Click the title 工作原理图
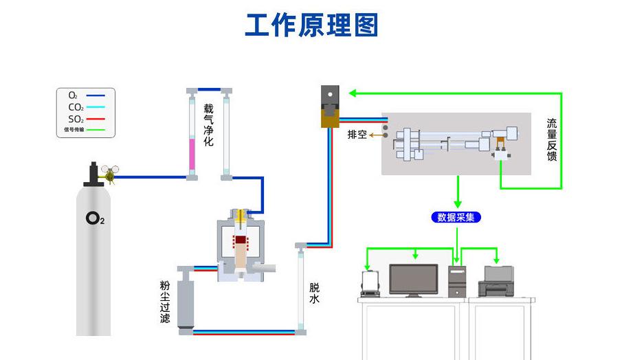pyautogui.click(x=311, y=25)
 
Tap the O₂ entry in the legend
pyautogui.click(x=73, y=95)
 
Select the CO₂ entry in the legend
pyautogui.click(x=76, y=107)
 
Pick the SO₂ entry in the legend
pyautogui.click(x=76, y=119)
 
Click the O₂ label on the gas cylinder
pyautogui.click(x=95, y=219)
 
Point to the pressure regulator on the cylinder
pyautogui.click(x=107, y=172)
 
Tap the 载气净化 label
pyautogui.click(x=208, y=124)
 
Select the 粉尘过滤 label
pyautogui.click(x=165, y=302)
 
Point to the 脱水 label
pyautogui.click(x=314, y=293)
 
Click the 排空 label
pyautogui.click(x=357, y=135)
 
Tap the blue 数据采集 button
pyautogui.click(x=456, y=217)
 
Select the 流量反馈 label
pyautogui.click(x=551, y=139)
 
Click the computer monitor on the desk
pyautogui.click(x=413, y=279)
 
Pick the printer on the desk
pyautogui.click(x=496, y=282)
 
